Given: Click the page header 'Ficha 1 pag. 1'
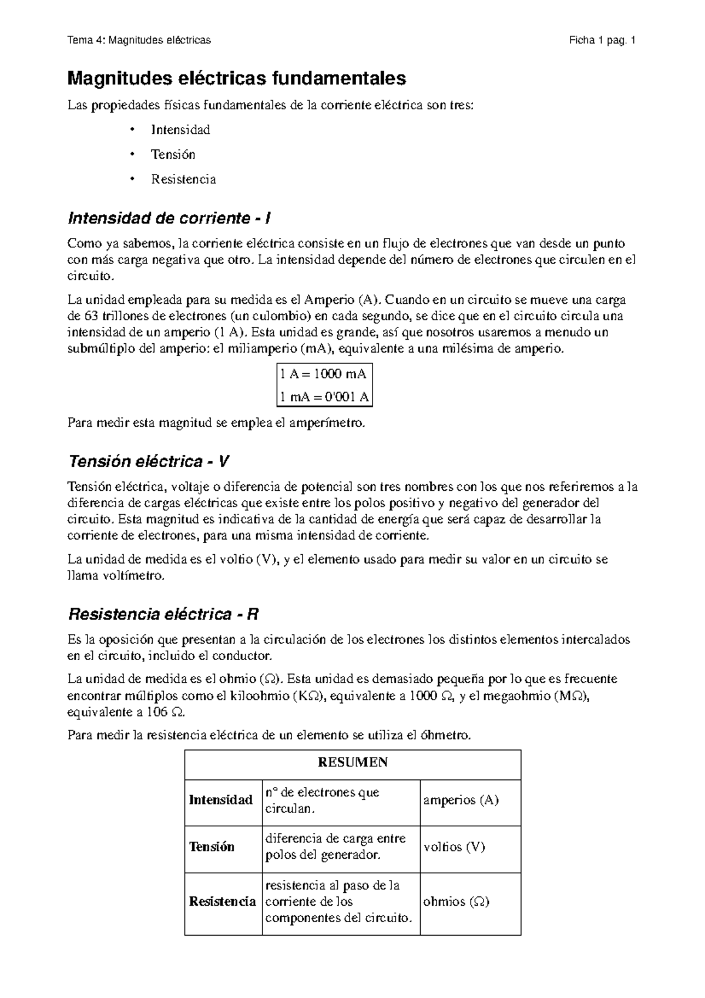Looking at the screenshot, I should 602,41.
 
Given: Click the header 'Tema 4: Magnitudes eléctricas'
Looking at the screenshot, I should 139,41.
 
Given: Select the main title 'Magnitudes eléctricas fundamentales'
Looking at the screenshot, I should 237,78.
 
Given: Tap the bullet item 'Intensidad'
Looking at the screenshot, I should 180,130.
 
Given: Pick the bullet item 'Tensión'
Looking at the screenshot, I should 173,155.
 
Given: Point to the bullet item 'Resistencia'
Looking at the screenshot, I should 183,179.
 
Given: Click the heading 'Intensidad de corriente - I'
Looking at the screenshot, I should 169,219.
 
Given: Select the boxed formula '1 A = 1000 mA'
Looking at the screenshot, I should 324,374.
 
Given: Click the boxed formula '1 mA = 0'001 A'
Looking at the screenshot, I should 324,397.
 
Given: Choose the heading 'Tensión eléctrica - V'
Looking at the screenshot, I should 149,461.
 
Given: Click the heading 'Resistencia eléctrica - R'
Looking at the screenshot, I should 164,615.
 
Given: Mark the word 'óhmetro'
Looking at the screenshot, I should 446,735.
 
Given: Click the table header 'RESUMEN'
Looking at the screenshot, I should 352,763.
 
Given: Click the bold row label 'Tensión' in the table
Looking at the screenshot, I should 211,847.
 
